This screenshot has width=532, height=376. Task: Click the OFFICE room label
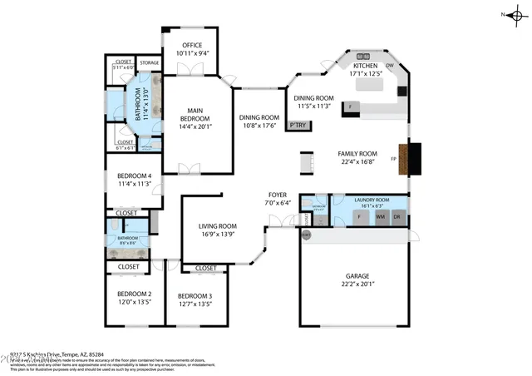click(192, 45)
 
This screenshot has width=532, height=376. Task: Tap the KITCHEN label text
click(366, 65)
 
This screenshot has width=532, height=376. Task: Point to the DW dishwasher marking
click(391, 65)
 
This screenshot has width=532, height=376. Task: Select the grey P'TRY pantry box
click(296, 126)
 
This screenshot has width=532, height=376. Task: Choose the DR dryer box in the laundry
click(397, 217)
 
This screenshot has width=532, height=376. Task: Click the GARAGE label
click(357, 276)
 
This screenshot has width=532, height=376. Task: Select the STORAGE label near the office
click(149, 62)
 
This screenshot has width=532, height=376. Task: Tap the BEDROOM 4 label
click(134, 176)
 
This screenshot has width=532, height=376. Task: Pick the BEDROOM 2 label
click(134, 294)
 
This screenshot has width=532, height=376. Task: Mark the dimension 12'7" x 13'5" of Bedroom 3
click(195, 304)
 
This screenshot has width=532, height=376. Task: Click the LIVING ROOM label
click(217, 226)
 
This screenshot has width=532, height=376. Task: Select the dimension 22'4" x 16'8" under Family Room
click(357, 163)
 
